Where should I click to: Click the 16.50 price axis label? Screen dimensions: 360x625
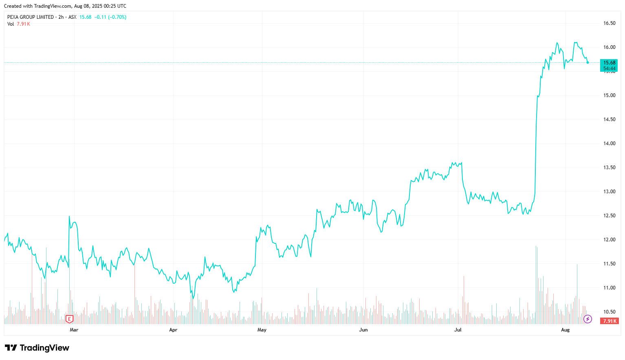click(609, 23)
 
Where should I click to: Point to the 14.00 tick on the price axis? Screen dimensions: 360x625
click(609, 144)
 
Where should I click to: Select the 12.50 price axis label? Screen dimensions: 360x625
click(609, 216)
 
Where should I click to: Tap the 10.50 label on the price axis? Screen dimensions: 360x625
click(609, 312)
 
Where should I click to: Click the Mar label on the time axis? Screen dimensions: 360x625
click(74, 330)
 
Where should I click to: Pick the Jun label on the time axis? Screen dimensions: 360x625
click(363, 330)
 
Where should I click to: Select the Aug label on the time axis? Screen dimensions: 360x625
click(565, 330)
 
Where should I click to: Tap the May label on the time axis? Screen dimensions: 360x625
click(262, 330)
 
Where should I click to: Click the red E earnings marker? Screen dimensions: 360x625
click(69, 319)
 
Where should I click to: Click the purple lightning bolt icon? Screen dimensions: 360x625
click(588, 319)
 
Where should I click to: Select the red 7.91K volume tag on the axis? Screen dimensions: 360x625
click(610, 321)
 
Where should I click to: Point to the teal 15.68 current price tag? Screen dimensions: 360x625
click(609, 63)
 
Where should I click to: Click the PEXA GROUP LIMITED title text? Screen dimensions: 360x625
click(31, 17)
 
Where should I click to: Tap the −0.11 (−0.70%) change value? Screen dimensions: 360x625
click(110, 17)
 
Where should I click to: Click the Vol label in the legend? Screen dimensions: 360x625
click(11, 24)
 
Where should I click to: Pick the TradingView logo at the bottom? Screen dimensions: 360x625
click(37, 348)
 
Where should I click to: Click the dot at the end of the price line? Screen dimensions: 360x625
click(588, 62)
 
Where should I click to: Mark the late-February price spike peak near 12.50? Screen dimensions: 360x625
click(69, 216)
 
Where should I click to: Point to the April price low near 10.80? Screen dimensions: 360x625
click(193, 298)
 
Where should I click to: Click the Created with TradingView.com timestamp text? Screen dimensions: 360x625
click(65, 6)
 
